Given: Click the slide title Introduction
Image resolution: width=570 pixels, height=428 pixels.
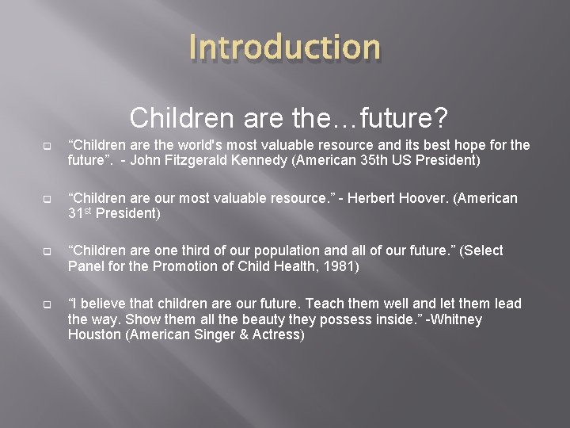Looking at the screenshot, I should pos(285,47).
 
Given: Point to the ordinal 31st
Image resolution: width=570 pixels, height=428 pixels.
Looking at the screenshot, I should pos(81,213).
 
